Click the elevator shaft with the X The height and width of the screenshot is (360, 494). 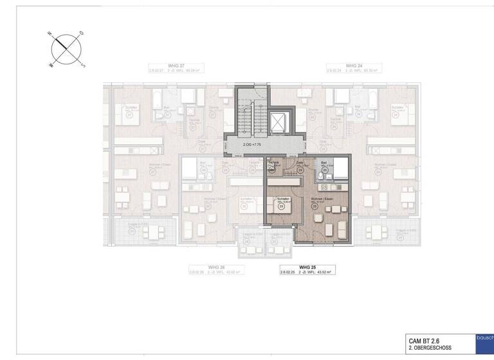[278, 121]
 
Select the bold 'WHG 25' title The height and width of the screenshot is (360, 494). [308, 267]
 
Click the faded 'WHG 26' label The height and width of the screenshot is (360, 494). [215, 267]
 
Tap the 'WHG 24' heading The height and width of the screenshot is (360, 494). [354, 66]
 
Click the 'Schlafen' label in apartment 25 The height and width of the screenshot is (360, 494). [282, 199]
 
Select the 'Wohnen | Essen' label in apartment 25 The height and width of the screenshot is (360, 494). [322, 199]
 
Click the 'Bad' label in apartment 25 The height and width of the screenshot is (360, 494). [324, 163]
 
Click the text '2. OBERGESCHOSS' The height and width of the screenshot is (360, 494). [430, 348]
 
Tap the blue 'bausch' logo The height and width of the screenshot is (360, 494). [484, 337]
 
